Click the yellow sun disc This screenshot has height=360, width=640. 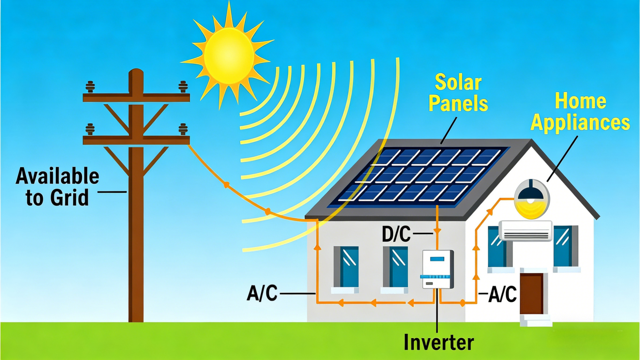pos(229,56)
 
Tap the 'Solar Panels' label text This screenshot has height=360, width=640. pos(458,93)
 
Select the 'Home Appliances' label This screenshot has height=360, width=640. pos(580,112)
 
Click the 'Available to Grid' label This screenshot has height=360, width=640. pos(57,187)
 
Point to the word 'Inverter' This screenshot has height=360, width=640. pos(439,342)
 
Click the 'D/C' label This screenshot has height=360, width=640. pos(396,234)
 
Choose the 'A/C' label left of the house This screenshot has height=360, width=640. pos(262,293)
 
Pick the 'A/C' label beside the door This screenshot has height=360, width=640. pos(503,294)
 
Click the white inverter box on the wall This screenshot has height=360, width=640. pos(438,269)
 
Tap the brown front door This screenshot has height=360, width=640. pos(532,294)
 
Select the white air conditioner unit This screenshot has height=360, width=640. pos(526,230)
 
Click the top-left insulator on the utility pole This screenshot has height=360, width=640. pos(90,87)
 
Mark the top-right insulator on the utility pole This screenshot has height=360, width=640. pos(183,87)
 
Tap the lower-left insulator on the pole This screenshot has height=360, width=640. pos(90,129)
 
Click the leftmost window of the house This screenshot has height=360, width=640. pos(346,267)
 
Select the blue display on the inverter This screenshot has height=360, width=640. pos(437,259)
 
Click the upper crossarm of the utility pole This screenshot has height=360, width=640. pos(136,98)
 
